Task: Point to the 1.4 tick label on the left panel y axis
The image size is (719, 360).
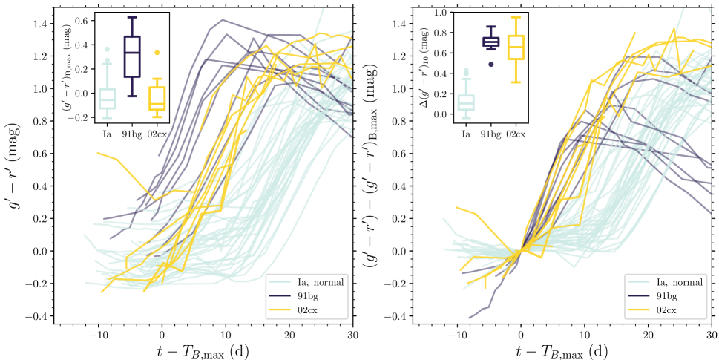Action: point(40,24)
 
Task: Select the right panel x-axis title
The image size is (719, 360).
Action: point(584,350)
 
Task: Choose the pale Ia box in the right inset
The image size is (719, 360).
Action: point(466,102)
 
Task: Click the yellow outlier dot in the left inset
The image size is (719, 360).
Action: point(156,53)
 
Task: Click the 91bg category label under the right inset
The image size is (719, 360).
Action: point(490,134)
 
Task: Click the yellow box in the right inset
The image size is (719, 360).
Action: point(515,47)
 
